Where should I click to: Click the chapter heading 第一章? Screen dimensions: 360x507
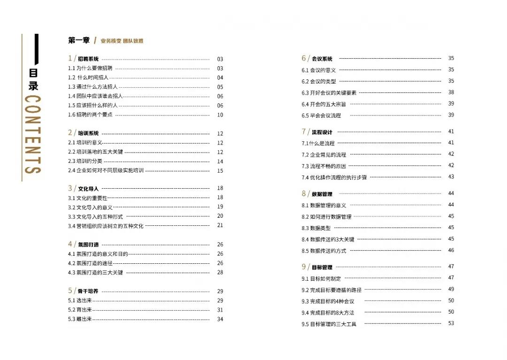click(x=78, y=41)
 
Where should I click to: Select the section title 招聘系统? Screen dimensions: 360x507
click(x=88, y=59)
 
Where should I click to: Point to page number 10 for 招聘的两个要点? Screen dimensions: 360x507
click(x=220, y=115)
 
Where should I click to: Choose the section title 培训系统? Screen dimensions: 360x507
click(x=88, y=133)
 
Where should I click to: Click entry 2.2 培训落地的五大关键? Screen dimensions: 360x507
click(x=95, y=152)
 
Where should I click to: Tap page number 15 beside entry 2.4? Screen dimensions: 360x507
click(x=220, y=171)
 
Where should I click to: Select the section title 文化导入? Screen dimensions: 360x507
click(x=88, y=189)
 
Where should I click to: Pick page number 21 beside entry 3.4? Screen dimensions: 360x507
click(x=220, y=225)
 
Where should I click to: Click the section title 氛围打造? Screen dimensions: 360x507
click(x=88, y=245)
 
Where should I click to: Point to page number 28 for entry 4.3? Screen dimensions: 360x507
click(x=220, y=272)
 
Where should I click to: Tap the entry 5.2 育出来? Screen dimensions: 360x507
click(x=80, y=310)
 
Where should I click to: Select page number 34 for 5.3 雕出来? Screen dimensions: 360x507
click(x=220, y=319)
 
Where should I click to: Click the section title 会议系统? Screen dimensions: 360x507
click(x=322, y=59)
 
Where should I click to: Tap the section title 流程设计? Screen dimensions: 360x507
click(x=322, y=132)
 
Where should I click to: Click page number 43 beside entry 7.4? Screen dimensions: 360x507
click(x=451, y=177)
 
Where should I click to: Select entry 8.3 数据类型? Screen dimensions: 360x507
click(x=316, y=228)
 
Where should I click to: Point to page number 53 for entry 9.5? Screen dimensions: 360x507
click(x=451, y=323)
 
